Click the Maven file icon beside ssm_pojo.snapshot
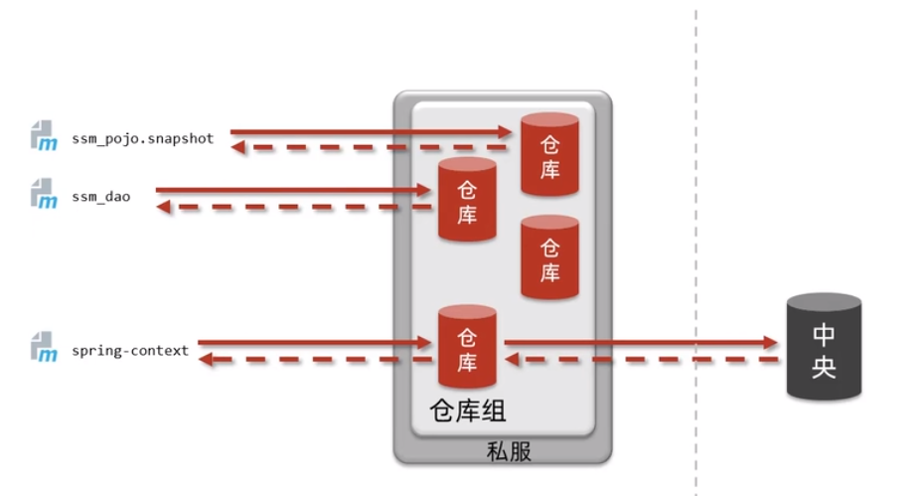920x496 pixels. (x=44, y=136)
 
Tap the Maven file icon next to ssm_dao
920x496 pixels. (x=44, y=195)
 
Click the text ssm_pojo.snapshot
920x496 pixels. (x=142, y=139)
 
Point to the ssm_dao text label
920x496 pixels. (x=100, y=197)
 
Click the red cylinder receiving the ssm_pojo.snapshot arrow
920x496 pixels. (x=549, y=155)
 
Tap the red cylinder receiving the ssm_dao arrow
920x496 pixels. (x=467, y=200)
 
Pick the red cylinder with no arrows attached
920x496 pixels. (x=549, y=257)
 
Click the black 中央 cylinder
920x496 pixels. (x=824, y=349)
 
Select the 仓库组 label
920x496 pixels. (x=467, y=411)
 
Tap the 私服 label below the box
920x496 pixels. (x=509, y=451)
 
